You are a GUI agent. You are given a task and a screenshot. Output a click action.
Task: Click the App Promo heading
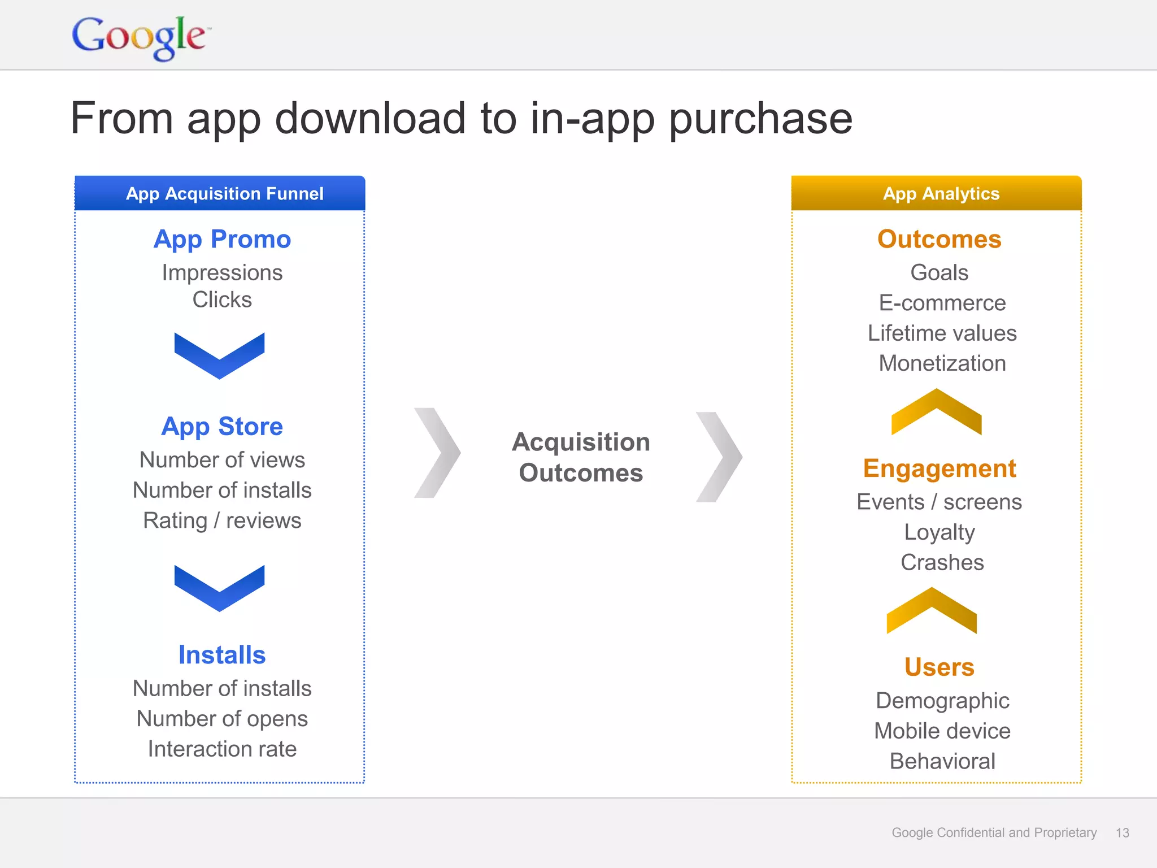[222, 240]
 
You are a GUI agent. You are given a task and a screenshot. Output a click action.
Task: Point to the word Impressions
[222, 273]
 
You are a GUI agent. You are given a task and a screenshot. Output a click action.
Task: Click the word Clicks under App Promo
[222, 300]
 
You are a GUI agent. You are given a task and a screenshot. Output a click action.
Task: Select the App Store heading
[222, 427]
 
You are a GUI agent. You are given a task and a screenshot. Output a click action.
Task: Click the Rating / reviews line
[222, 520]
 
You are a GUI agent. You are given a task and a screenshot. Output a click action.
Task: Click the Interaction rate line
[222, 749]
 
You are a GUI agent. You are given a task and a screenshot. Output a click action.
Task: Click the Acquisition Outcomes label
[581, 457]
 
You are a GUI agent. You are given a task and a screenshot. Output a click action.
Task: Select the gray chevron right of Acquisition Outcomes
[719, 457]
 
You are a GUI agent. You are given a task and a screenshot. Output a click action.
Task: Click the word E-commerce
[942, 303]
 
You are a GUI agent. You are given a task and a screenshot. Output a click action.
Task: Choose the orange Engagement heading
[939, 469]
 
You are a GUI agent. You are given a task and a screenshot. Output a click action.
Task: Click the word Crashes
[942, 563]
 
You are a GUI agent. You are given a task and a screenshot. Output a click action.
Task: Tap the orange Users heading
[939, 667]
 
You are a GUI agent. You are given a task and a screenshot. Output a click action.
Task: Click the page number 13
[1122, 833]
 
